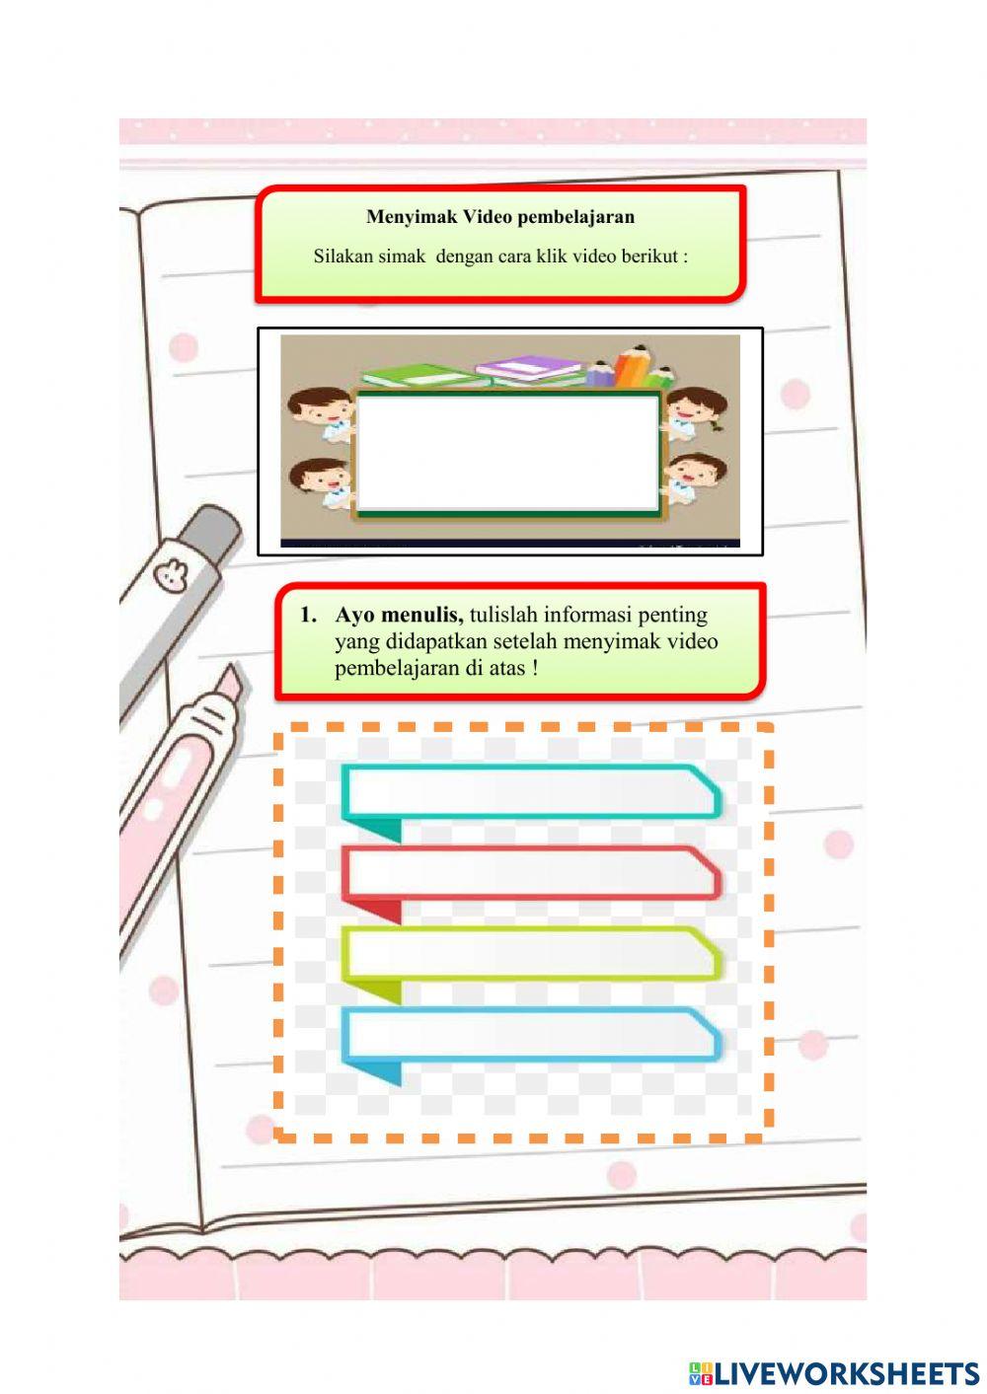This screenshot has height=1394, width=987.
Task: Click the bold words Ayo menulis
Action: pyautogui.click(x=399, y=615)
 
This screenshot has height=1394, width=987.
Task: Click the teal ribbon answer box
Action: pyautogui.click(x=531, y=791)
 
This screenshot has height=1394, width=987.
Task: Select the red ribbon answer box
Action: pyautogui.click(x=531, y=873)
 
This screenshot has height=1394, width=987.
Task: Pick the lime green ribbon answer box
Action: pyautogui.click(x=531, y=953)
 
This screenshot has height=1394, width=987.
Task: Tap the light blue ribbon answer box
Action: pyautogui.click(x=531, y=1034)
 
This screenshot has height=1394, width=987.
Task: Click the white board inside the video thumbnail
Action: pyautogui.click(x=508, y=453)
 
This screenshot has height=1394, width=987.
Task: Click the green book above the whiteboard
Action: pyautogui.click(x=419, y=375)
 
